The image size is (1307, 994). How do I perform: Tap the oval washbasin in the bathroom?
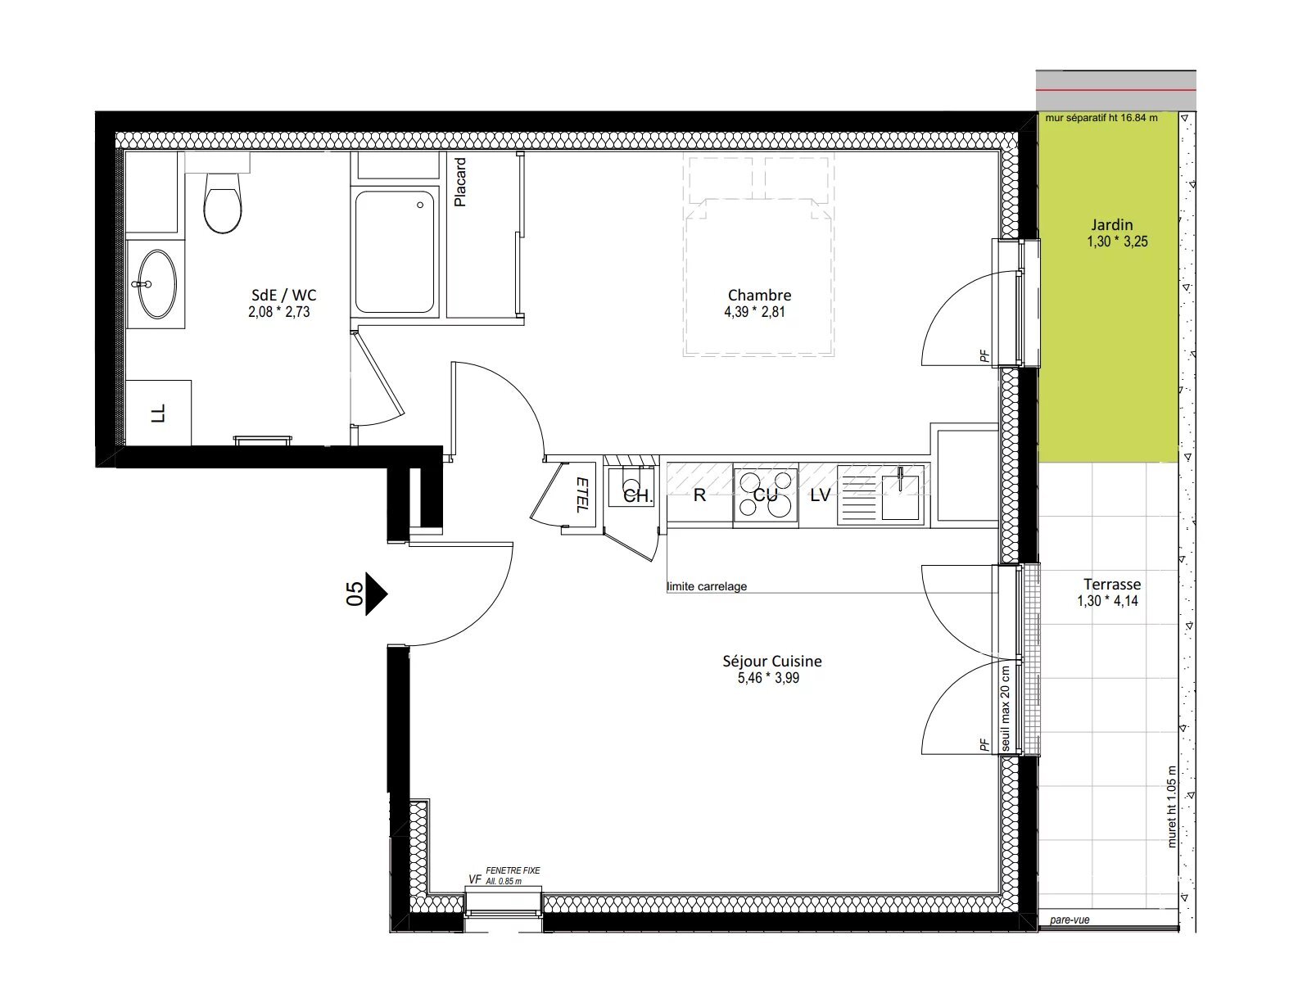(156, 284)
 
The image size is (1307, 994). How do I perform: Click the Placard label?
(461, 182)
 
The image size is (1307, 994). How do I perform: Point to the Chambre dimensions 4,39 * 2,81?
(754, 312)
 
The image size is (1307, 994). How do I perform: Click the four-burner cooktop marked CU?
(766, 495)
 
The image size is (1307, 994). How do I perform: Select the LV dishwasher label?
(820, 495)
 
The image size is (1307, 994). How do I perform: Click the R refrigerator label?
(699, 495)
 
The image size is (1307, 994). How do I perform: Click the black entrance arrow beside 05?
(375, 593)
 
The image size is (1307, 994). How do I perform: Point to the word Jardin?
(1111, 224)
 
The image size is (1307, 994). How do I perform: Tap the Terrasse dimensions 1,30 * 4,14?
(1107, 601)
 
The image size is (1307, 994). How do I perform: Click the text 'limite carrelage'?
(707, 586)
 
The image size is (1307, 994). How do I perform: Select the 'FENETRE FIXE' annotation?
(513, 870)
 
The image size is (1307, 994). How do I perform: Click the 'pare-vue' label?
(1070, 920)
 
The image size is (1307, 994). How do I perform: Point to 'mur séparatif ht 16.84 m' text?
(1101, 118)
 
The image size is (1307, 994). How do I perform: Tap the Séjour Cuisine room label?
(771, 661)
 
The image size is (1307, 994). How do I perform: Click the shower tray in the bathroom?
(396, 252)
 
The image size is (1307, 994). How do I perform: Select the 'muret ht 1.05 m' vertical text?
(1171, 806)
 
